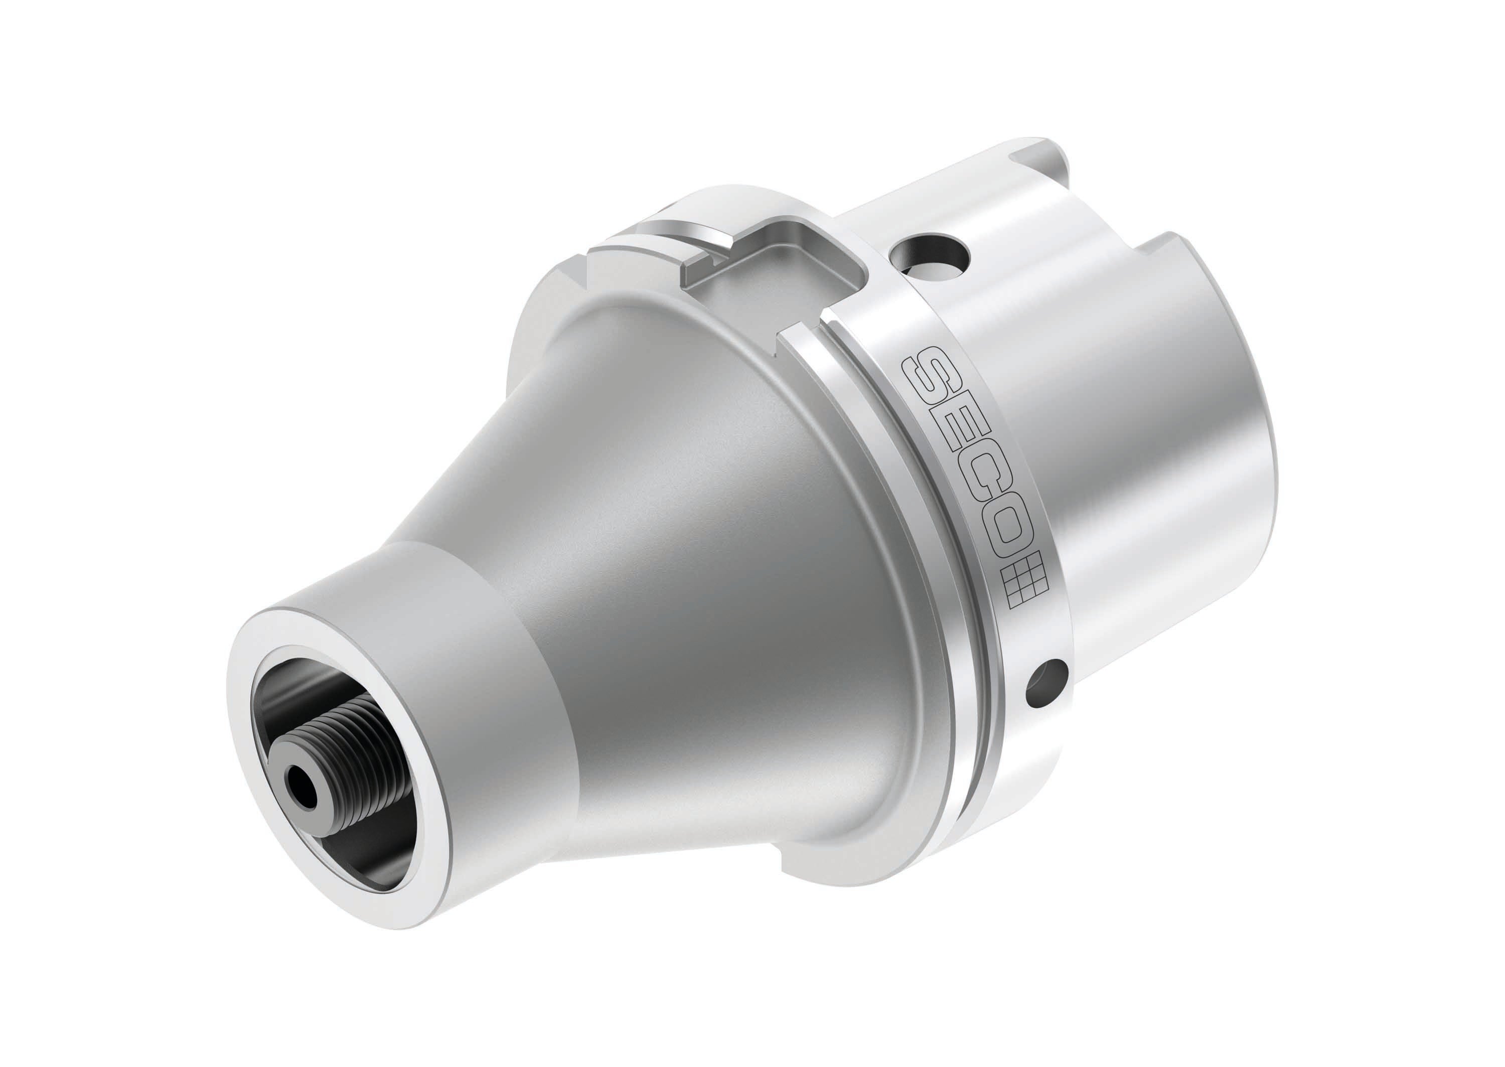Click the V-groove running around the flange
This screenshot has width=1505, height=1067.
coord(920,526)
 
